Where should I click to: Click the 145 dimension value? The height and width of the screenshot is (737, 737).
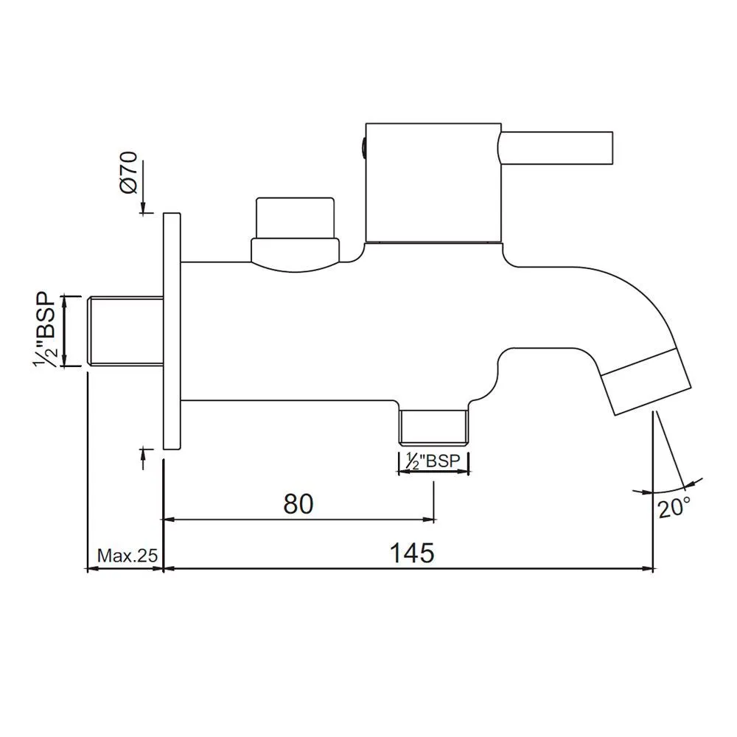(412, 553)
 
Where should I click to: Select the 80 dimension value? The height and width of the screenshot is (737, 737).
(298, 504)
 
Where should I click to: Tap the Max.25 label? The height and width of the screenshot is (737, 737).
(128, 556)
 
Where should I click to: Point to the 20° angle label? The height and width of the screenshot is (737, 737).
(674, 508)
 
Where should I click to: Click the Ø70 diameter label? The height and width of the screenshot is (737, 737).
(129, 172)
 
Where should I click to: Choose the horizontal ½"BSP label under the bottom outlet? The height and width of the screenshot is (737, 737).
(433, 461)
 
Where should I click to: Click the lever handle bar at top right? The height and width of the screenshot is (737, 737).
(556, 149)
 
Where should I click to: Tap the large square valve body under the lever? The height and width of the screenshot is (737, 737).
(433, 183)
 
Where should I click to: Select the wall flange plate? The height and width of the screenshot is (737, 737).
(172, 331)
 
